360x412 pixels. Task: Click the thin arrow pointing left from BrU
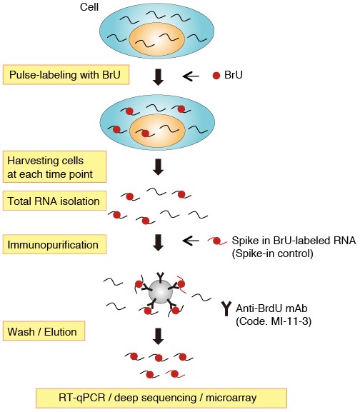(x=194, y=75)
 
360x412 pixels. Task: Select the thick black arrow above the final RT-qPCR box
(x=159, y=335)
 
